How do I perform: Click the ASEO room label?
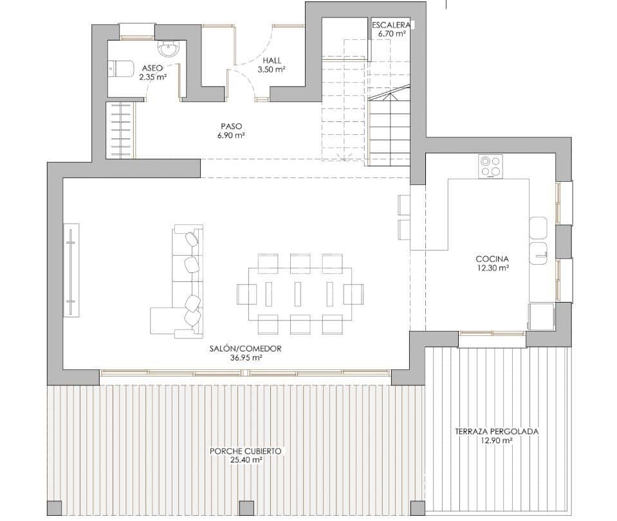pyautogui.click(x=152, y=67)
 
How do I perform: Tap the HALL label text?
pyautogui.click(x=271, y=61)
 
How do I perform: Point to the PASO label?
pyautogui.click(x=231, y=127)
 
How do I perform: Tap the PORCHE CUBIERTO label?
pyautogui.click(x=245, y=452)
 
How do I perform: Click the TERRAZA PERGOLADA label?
pyautogui.click(x=496, y=432)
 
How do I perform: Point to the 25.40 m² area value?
pyautogui.click(x=245, y=460)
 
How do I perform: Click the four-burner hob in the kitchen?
pyautogui.click(x=490, y=166)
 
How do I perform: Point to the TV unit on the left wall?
pyautogui.click(x=71, y=269)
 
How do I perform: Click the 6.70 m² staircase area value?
pyautogui.click(x=392, y=33)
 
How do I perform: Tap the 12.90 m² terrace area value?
pyautogui.click(x=496, y=441)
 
